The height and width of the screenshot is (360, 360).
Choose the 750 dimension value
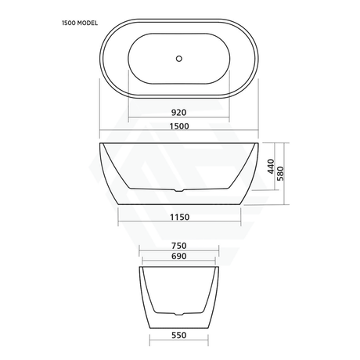180,244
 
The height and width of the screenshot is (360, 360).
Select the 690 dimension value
180,255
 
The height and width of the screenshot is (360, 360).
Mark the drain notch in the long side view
179,189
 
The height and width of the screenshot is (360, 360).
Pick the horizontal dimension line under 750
180,250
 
